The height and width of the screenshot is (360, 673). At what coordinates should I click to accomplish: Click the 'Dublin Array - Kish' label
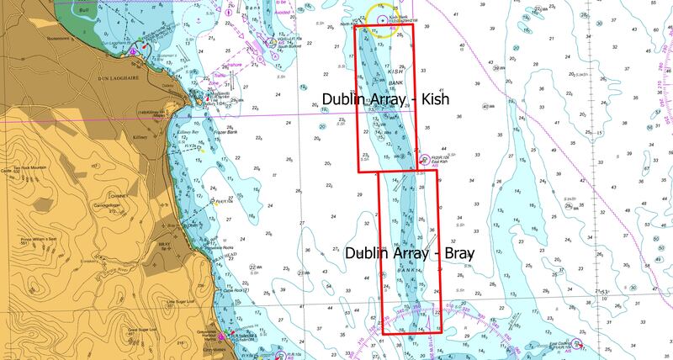pos(387,99)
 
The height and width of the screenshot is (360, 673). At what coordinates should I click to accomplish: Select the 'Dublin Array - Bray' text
pos(410,251)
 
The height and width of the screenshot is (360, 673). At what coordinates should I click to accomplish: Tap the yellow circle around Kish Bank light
pos(384,23)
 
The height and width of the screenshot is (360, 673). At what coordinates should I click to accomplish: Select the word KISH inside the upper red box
pos(396,71)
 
